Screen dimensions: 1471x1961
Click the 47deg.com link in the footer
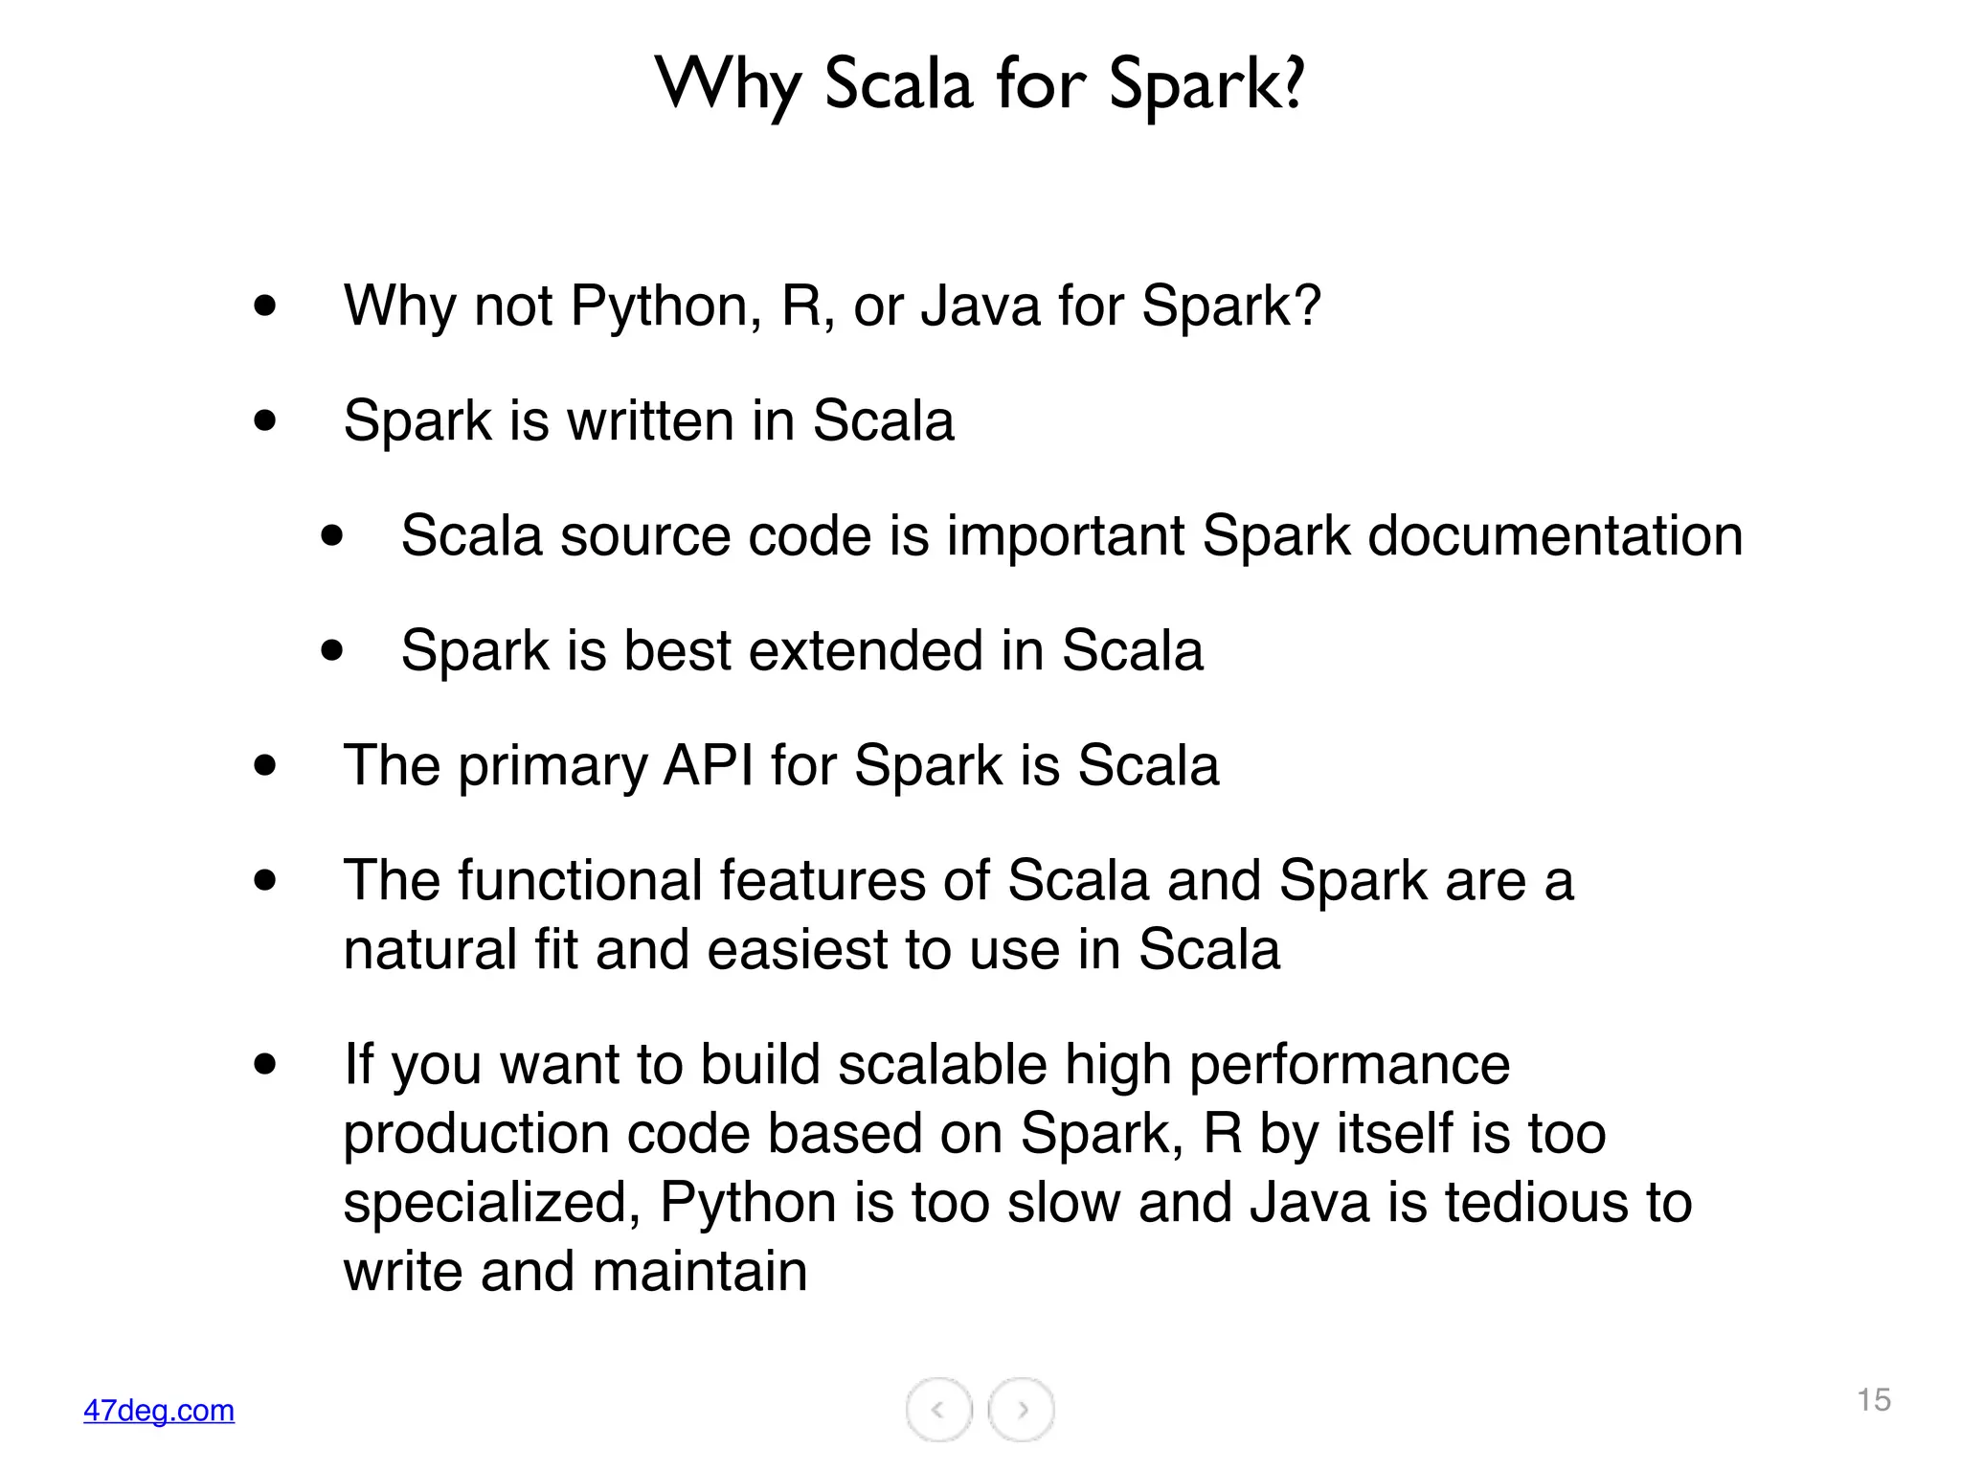(x=159, y=1410)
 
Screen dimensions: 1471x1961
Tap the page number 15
(x=1874, y=1400)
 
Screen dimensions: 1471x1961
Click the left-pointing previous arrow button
(x=938, y=1409)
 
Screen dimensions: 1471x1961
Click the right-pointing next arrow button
(x=1022, y=1409)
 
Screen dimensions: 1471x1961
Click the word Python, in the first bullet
(x=665, y=306)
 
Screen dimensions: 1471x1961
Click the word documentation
(x=1555, y=536)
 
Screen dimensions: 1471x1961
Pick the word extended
(x=866, y=651)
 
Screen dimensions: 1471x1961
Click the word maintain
(x=700, y=1272)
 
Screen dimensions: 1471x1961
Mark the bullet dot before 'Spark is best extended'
(x=332, y=651)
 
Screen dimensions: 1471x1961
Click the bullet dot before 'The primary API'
(x=265, y=765)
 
